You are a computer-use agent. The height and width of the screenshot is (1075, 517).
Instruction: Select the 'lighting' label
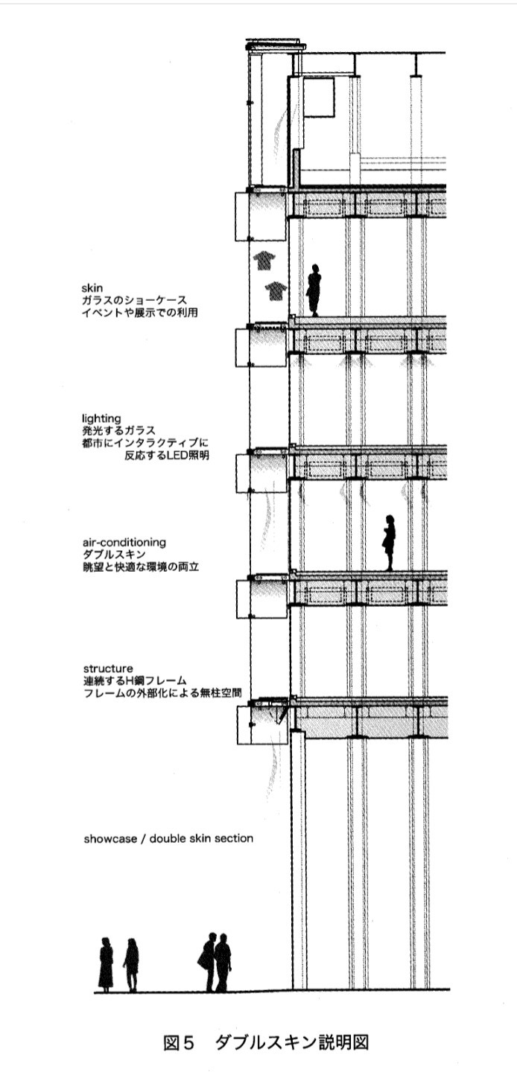pyautogui.click(x=101, y=418)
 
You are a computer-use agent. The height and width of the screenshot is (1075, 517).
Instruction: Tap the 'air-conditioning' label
pyautogui.click(x=124, y=542)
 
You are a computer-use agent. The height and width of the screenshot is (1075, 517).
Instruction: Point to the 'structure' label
pyautogui.click(x=108, y=668)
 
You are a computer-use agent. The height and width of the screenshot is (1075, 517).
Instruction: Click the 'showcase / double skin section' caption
pyautogui.click(x=168, y=838)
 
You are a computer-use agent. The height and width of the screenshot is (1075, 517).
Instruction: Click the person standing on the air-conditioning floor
pyautogui.click(x=388, y=543)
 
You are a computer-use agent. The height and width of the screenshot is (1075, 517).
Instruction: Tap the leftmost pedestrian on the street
pyautogui.click(x=106, y=964)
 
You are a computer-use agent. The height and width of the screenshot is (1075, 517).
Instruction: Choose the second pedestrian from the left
pyautogui.click(x=131, y=965)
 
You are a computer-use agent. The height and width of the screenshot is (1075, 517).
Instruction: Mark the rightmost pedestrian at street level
pyautogui.click(x=223, y=962)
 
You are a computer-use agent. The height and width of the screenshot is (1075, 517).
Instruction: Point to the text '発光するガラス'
pyautogui.click(x=115, y=430)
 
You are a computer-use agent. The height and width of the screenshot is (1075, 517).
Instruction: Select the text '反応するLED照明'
pyautogui.click(x=167, y=456)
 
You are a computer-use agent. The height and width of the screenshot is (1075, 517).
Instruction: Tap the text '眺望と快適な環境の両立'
pyautogui.click(x=142, y=567)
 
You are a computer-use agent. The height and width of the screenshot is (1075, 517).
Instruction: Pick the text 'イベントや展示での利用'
pyautogui.click(x=140, y=312)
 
